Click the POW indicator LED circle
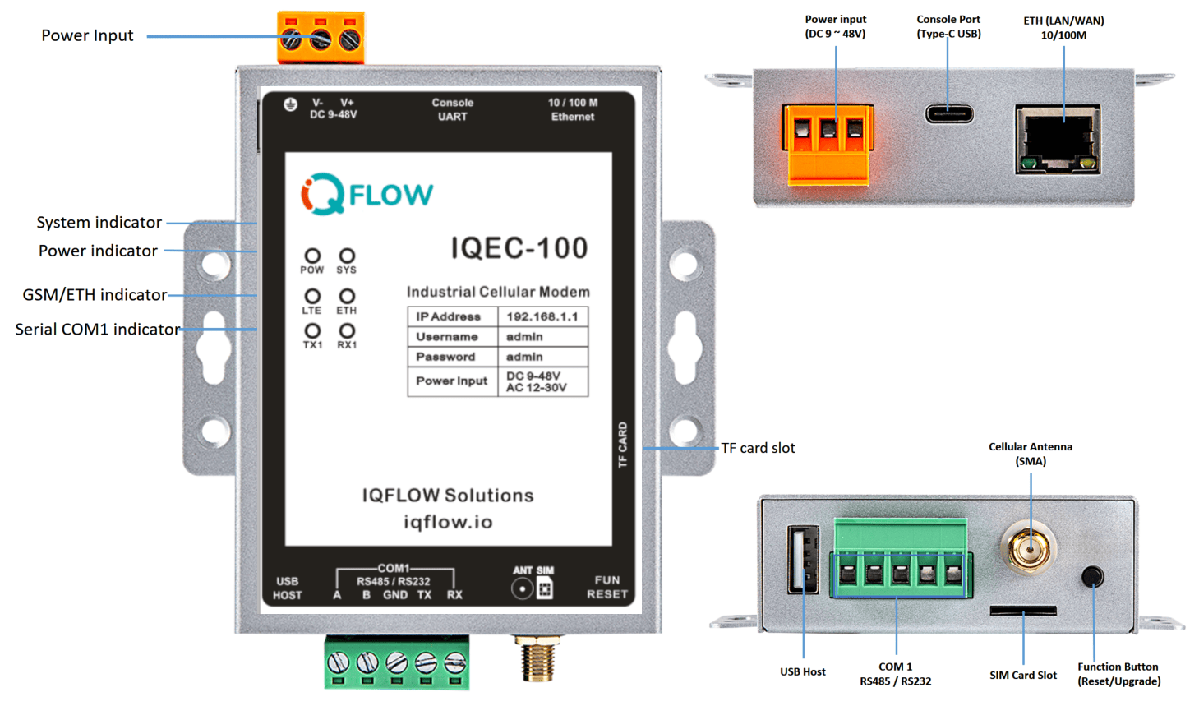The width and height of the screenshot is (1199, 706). (x=312, y=256)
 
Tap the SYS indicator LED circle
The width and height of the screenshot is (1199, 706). (x=347, y=256)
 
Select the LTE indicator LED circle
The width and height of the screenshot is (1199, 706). (x=312, y=295)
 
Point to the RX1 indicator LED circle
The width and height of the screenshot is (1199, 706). (x=347, y=330)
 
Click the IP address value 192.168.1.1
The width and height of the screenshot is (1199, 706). (x=542, y=316)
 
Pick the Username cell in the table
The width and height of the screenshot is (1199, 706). (x=447, y=337)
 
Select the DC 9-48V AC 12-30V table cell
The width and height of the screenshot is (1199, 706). (x=542, y=381)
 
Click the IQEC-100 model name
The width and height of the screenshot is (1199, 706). (x=519, y=248)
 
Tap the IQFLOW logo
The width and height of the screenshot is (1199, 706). (x=367, y=195)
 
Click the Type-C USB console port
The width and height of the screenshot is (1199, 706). (x=949, y=113)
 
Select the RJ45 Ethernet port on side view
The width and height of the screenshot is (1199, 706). (x=1058, y=138)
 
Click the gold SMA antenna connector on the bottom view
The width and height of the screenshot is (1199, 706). (x=1028, y=548)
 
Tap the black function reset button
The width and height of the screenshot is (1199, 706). (x=1092, y=576)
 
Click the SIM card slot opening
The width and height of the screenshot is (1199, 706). (x=1022, y=611)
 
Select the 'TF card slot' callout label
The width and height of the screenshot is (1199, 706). (x=758, y=448)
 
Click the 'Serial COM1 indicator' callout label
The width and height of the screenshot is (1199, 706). (x=97, y=330)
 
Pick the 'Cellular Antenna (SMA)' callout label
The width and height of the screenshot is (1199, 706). (x=1030, y=454)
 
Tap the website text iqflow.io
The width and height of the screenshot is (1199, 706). (x=448, y=522)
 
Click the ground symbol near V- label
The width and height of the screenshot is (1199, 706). (x=290, y=104)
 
